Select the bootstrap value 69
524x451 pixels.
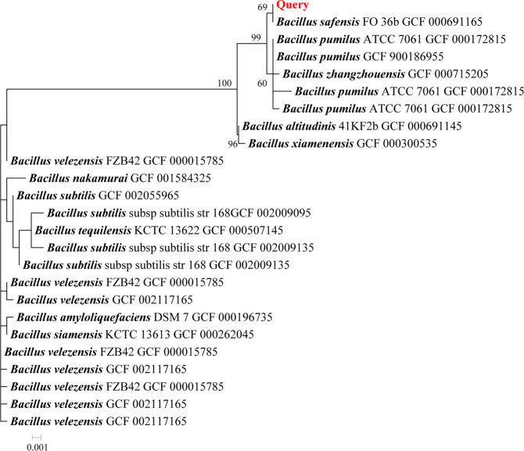[x=263, y=7]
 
